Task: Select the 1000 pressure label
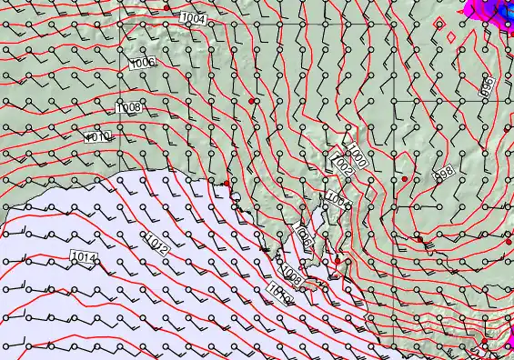[x=356, y=156]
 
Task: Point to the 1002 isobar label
[x=343, y=167]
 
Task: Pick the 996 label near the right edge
[x=487, y=87]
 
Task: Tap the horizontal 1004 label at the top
[x=193, y=18]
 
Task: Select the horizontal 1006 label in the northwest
[x=142, y=63]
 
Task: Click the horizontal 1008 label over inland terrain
[x=128, y=107]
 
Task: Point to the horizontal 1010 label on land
[x=97, y=136]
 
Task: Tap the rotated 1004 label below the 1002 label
[x=336, y=199]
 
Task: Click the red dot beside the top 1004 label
[x=166, y=7]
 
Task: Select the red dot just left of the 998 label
[x=405, y=179]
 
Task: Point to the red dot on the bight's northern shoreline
[x=227, y=183]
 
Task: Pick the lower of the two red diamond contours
[x=451, y=37]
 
